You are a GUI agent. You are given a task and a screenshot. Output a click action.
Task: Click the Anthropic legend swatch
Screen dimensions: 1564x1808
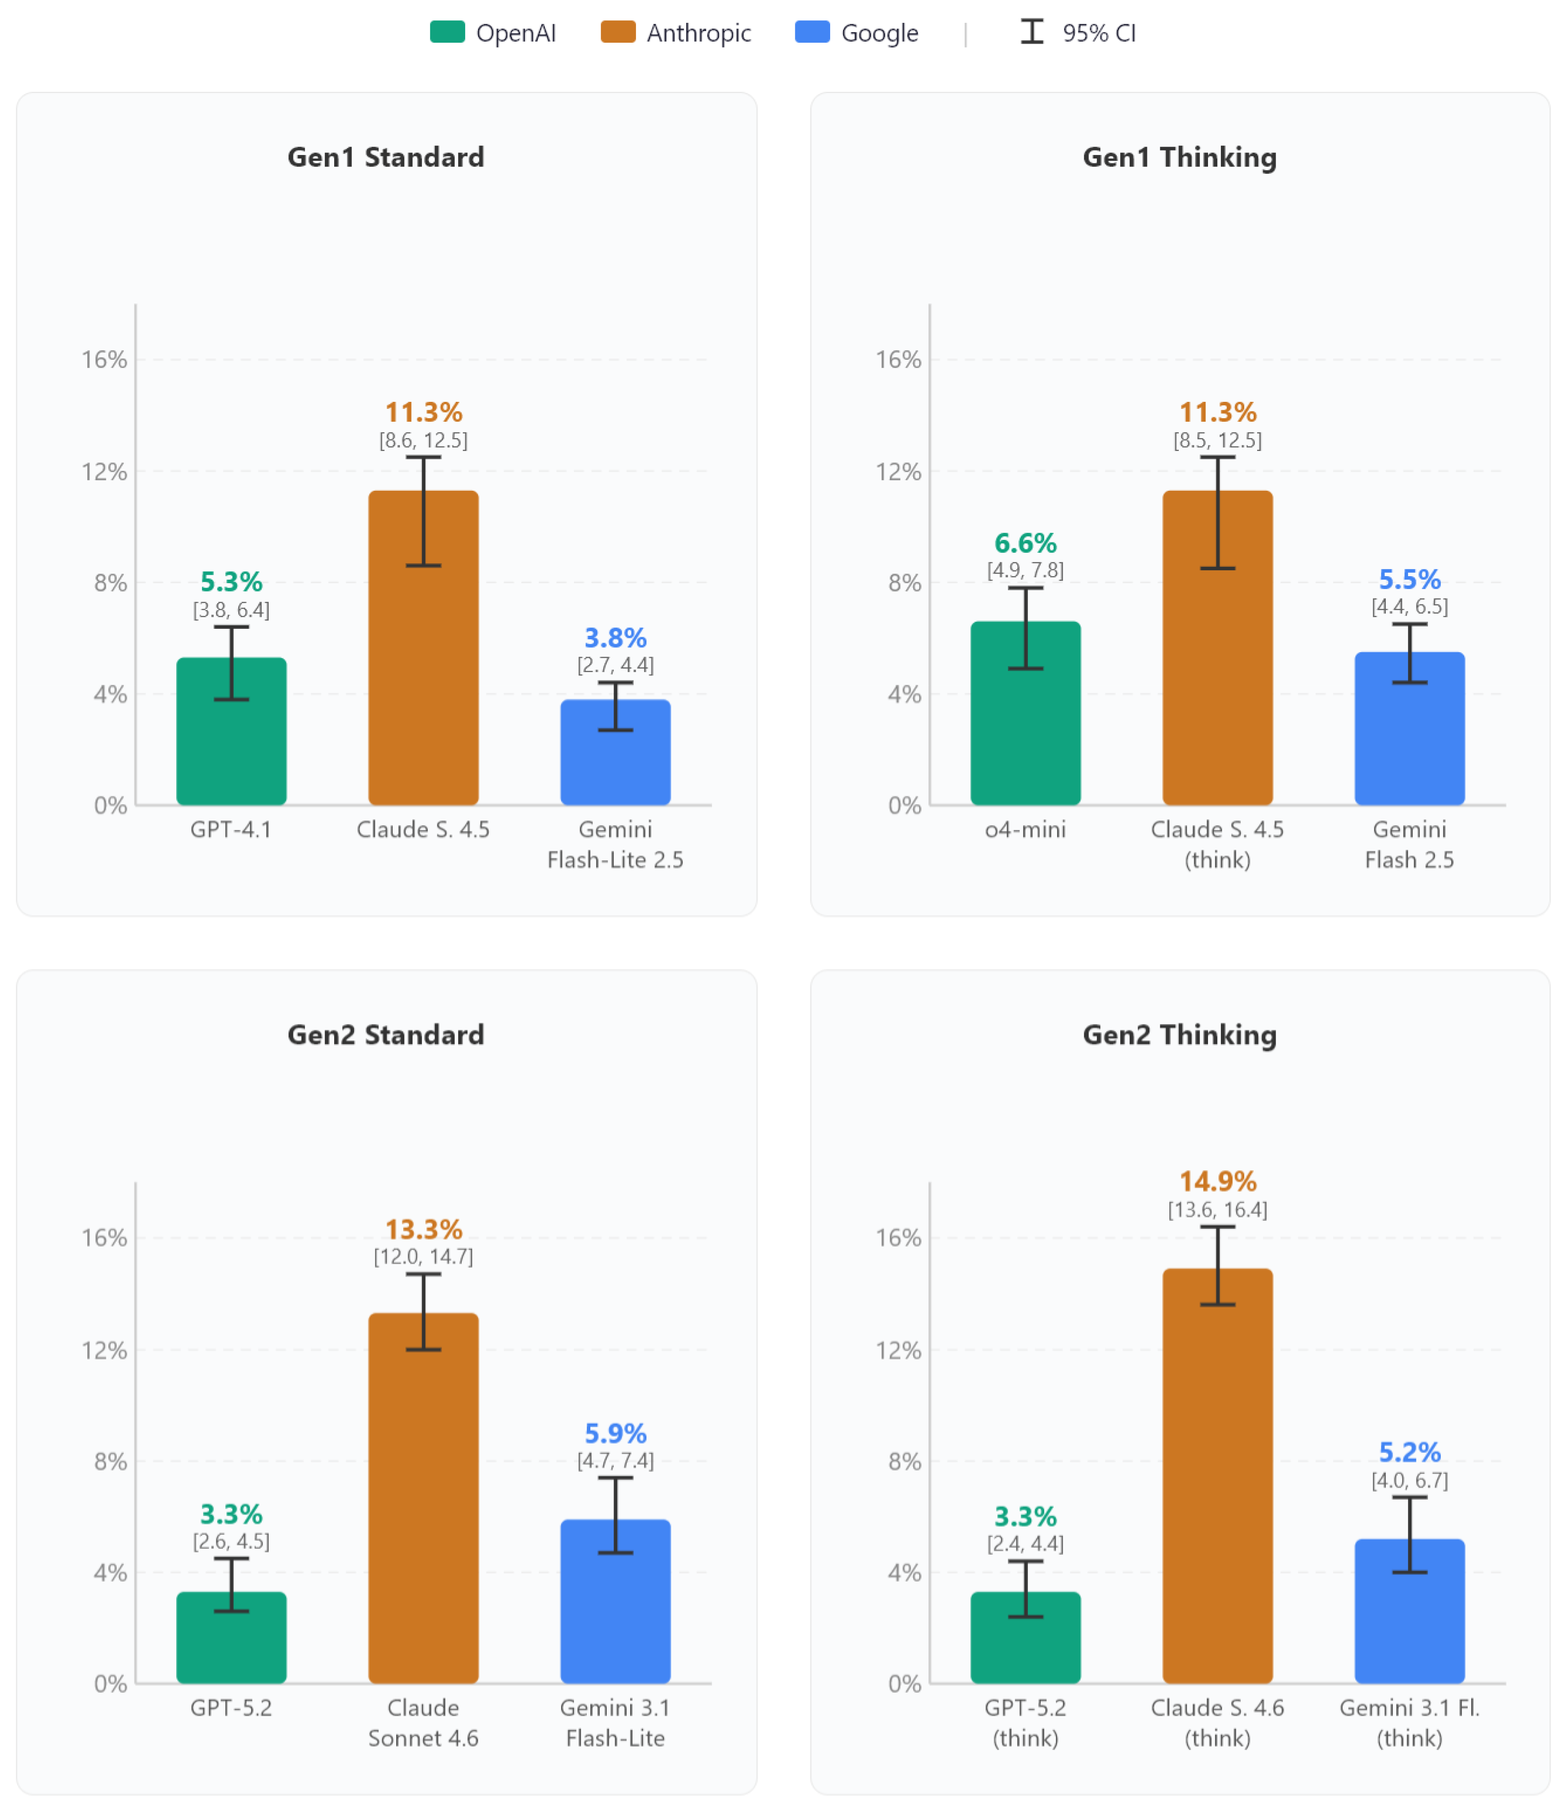618,32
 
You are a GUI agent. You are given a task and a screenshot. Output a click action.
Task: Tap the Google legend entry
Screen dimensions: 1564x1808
856,32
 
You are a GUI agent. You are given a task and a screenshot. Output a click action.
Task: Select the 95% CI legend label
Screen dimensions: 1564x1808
1099,33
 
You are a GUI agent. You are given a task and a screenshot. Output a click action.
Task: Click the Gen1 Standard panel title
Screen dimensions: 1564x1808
386,157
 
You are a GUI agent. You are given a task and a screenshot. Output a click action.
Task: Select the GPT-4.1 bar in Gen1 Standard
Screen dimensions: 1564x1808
231,731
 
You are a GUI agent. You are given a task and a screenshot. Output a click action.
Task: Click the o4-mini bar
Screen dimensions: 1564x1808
1025,713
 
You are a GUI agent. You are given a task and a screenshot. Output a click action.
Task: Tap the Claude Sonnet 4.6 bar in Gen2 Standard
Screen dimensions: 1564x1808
424,1498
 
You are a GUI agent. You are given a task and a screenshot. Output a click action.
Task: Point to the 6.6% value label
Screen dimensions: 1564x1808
1025,543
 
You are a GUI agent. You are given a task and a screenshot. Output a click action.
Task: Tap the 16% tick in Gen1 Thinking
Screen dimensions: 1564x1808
898,360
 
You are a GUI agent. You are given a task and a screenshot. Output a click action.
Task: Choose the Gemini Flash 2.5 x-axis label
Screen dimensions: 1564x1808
1410,844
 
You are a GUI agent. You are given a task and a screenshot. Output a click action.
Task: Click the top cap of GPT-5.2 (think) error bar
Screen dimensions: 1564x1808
1025,1561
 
